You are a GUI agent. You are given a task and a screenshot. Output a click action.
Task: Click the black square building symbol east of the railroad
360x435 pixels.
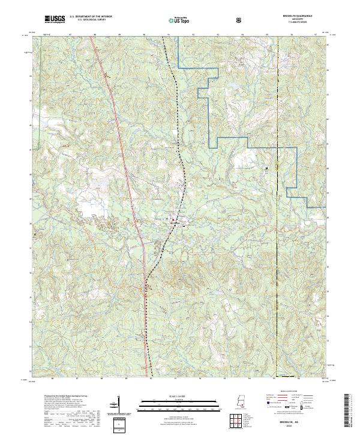[266, 169]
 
